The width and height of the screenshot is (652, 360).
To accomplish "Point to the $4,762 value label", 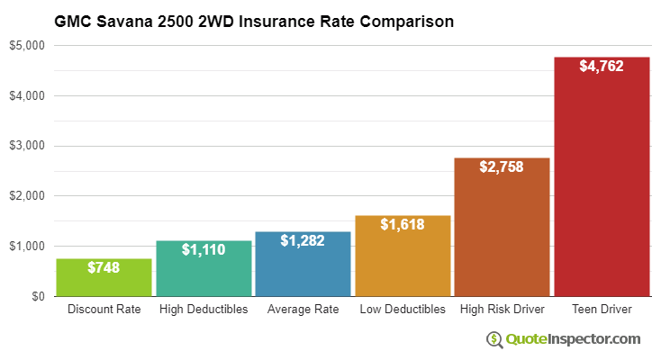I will point(602,66).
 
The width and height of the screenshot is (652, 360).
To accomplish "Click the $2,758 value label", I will point(502,166).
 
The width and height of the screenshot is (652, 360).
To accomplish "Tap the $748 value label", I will point(104,267).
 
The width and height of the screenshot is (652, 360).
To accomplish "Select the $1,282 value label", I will point(303,240).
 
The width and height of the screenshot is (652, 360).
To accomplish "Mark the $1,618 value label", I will point(403,224).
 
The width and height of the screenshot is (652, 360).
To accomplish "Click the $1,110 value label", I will point(204,249).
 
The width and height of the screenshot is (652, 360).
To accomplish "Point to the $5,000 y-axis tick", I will point(26,45).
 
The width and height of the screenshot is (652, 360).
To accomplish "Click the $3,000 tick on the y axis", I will point(26,146).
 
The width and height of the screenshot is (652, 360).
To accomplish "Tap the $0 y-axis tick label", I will point(37,296).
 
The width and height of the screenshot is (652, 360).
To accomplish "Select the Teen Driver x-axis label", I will point(602,310).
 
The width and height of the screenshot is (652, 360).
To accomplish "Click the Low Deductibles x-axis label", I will point(403,310).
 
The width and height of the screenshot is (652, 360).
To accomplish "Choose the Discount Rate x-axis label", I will point(104,310).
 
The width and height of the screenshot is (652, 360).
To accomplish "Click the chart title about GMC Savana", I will point(254,19).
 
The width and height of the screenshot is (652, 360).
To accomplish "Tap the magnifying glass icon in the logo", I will point(494,339).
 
